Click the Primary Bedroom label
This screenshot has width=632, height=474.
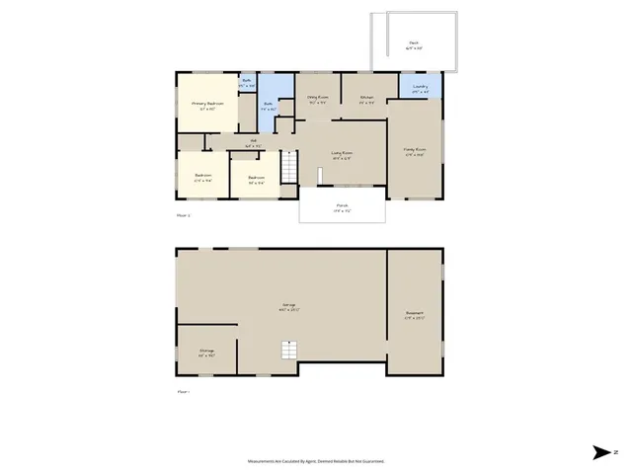click(207, 104)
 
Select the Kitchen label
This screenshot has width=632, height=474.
click(366, 98)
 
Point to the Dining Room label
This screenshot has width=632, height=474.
click(317, 98)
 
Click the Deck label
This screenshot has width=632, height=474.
click(414, 43)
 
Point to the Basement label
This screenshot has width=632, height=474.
click(414, 316)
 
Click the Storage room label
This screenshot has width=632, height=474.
click(206, 351)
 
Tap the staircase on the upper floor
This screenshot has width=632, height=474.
click(288, 169)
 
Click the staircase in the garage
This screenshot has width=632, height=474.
click(289, 351)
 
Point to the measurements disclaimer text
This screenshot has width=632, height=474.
click(316, 460)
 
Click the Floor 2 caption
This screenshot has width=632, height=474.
click(183, 213)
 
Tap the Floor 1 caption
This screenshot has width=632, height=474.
click(183, 391)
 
